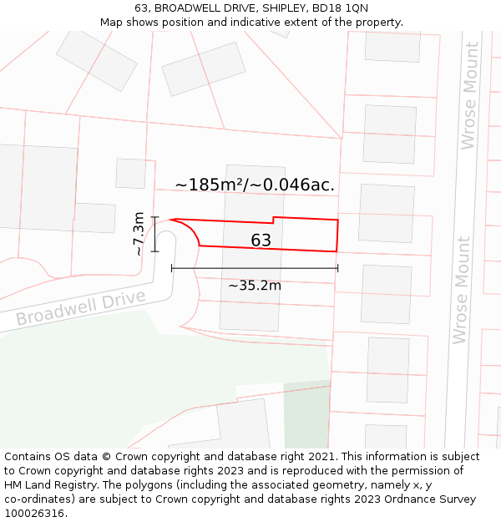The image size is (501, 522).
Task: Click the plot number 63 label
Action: point(261,241)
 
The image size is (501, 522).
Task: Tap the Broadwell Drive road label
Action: point(81,308)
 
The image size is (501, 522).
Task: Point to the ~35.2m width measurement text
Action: point(255,286)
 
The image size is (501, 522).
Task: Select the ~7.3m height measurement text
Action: point(139,234)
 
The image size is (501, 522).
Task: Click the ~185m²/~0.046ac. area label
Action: point(255,185)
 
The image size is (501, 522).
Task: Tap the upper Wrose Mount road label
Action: point(469,96)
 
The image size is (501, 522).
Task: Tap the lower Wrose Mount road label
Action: point(461,290)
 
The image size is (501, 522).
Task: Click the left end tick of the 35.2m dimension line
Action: point(171,268)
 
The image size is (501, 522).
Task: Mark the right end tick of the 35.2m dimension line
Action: point(337,268)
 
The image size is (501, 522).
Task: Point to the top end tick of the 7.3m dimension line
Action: point(154,217)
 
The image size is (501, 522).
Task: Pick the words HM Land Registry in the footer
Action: point(43,485)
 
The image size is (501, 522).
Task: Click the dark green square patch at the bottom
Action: point(306,415)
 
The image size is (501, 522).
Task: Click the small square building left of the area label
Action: point(130,173)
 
